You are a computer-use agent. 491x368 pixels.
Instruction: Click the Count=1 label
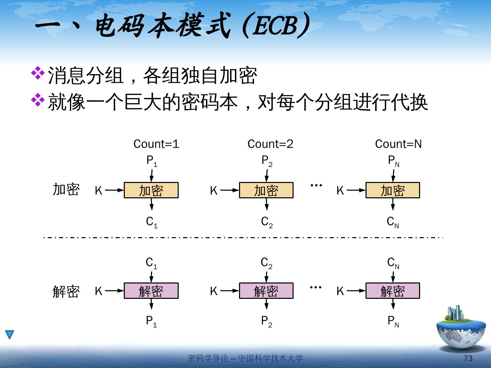pos(156,144)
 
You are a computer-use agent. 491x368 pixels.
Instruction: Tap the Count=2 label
pos(270,144)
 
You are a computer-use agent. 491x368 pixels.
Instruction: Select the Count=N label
pos(398,144)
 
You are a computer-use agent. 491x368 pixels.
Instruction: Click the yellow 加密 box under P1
pos(151,190)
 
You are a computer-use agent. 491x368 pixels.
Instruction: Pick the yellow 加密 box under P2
pos(266,190)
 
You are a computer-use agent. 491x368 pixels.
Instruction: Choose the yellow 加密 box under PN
pos(393,190)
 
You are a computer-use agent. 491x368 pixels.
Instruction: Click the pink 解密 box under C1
pos(151,291)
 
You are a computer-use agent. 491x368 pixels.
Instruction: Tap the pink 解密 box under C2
pos(266,291)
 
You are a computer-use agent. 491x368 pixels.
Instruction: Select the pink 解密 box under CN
pos(393,291)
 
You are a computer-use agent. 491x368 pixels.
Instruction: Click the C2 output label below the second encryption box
pos(267,222)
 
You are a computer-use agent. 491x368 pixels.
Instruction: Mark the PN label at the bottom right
pos(393,321)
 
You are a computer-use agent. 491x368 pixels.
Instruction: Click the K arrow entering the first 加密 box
pos(114,190)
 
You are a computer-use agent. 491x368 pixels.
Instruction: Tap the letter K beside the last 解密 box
pos(340,291)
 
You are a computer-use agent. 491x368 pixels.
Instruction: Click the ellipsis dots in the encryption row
pos(316,185)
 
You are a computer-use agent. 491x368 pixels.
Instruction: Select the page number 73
pos(468,358)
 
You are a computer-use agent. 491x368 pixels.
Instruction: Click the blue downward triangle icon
pos(10,335)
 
